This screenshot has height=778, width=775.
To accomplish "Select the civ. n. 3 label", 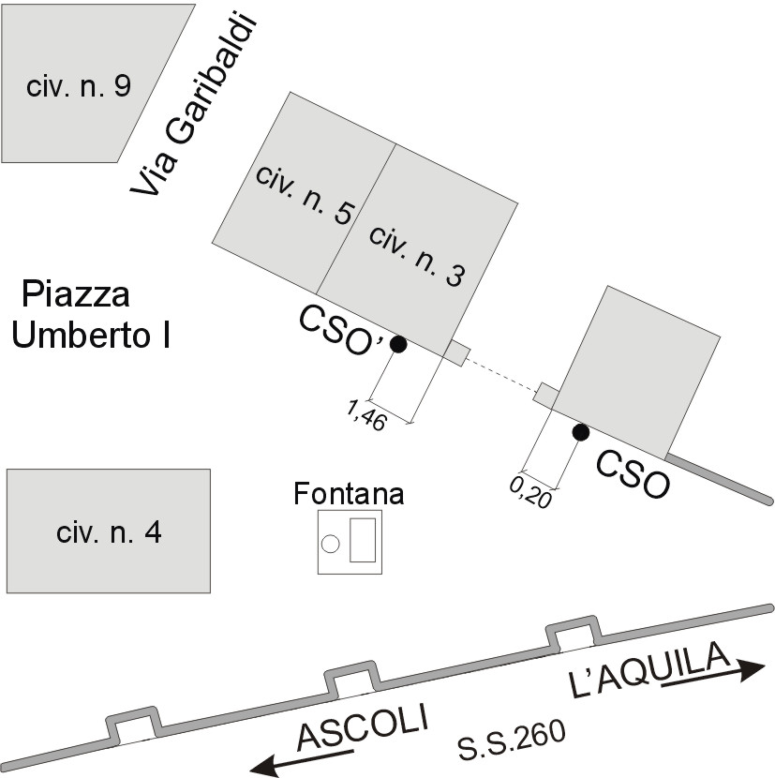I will pyautogui.click(x=417, y=255).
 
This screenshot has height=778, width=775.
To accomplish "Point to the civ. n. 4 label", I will pyautogui.click(x=109, y=533).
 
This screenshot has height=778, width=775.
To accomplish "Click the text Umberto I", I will pyautogui.click(x=91, y=335).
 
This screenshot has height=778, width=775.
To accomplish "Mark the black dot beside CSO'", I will pyautogui.click(x=398, y=344).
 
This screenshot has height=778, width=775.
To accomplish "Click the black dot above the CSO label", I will pyautogui.click(x=581, y=431).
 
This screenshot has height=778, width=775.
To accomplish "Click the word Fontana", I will pyautogui.click(x=349, y=493).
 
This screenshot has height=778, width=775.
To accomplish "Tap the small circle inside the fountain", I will pyautogui.click(x=330, y=543).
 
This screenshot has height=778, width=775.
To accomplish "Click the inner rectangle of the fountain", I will pyautogui.click(x=363, y=539).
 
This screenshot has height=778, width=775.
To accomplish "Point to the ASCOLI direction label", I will pyautogui.click(x=362, y=726).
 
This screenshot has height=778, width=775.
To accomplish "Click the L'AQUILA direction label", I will pyautogui.click(x=648, y=671).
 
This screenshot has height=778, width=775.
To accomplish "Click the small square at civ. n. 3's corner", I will pyautogui.click(x=456, y=352).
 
